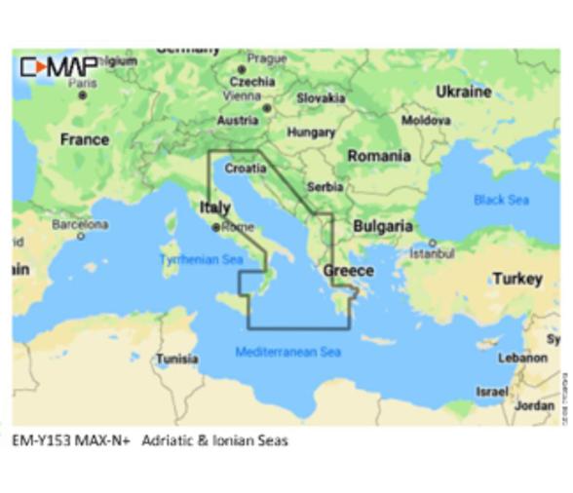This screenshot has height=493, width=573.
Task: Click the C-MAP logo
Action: point(57,67)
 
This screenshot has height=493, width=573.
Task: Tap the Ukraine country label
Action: point(463,92)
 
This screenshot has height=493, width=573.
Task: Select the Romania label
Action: point(378,156)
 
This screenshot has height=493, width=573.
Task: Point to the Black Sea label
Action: point(501,200)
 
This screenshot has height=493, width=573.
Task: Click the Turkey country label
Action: point(516,279)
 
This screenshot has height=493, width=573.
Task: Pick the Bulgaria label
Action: point(382,226)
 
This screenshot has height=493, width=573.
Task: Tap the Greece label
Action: point(348,270)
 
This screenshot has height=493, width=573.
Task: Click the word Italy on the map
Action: point(214,208)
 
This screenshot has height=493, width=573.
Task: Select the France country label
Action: point(85,139)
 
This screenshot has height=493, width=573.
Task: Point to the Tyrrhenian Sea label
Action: point(201,260)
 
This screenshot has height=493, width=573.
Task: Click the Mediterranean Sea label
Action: point(288,352)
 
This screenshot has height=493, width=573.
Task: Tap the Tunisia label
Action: point(177,359)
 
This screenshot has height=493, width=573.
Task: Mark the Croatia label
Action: point(245,169)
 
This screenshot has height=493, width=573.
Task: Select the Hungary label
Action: point(311,133)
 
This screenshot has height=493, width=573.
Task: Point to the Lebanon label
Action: point(522,358)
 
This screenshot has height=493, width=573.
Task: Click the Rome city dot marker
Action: point(215,228)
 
